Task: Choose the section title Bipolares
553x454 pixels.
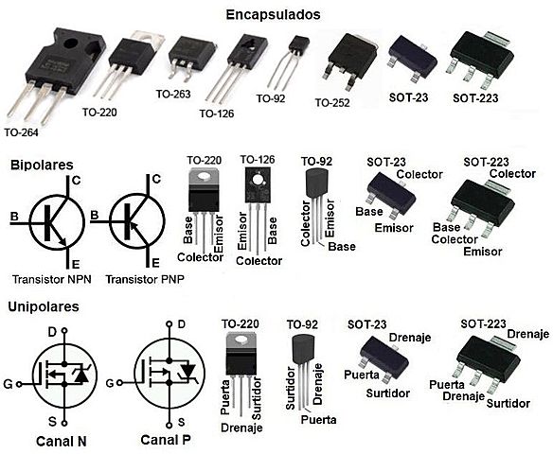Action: pos(41,165)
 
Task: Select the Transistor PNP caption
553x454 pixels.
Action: pos(142,280)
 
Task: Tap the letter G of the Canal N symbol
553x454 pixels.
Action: pos(9,383)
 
